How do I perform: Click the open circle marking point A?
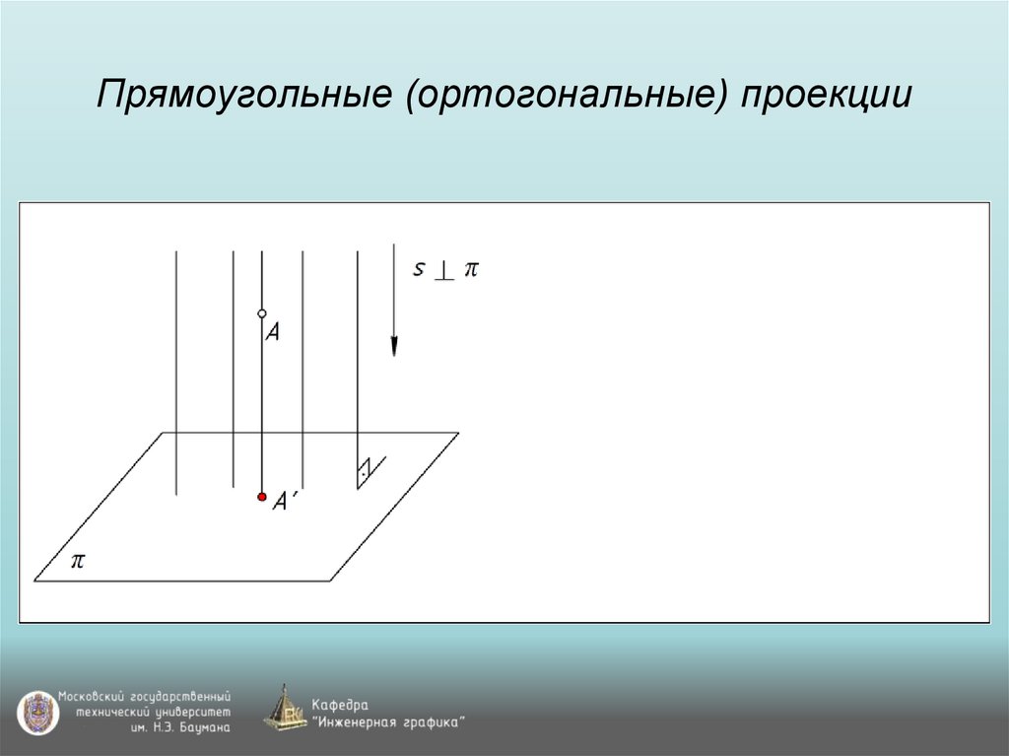(x=262, y=313)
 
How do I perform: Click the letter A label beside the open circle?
(x=273, y=333)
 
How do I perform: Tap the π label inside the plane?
(x=77, y=561)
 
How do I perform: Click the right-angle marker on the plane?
(x=366, y=471)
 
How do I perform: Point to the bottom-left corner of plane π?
(x=35, y=581)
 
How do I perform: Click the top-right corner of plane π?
(x=458, y=433)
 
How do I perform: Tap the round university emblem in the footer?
(x=37, y=712)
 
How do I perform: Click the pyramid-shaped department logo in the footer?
(x=285, y=709)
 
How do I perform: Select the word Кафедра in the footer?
(x=340, y=705)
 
